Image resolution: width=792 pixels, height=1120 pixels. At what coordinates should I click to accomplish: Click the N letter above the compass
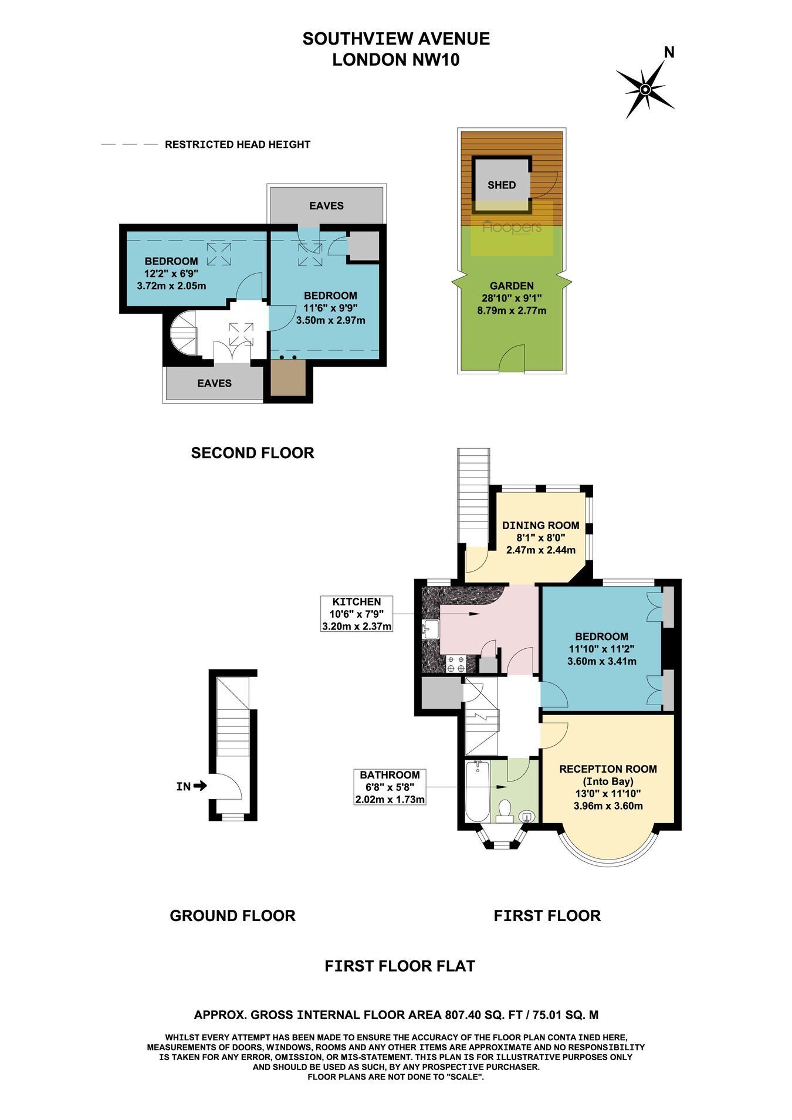coord(669,53)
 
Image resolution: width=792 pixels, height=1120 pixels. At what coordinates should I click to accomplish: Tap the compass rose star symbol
coord(645,90)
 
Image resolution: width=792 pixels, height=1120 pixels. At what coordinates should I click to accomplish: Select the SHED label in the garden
coord(502,185)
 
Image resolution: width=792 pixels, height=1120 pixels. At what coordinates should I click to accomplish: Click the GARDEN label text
coord(512,286)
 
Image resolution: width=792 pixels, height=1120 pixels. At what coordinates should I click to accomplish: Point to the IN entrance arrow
coord(199,786)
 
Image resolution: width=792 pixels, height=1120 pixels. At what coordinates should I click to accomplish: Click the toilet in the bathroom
coord(504,810)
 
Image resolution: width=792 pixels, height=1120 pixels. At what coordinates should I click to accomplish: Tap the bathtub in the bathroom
coord(477,791)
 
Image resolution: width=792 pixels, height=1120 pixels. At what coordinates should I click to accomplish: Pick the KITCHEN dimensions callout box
coord(357,614)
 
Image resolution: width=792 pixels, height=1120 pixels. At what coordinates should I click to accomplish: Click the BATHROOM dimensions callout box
coord(390,787)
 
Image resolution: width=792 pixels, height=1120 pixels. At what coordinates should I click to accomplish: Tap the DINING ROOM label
coord(541,526)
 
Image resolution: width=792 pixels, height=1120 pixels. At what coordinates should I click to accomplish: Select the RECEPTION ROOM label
coord(608,769)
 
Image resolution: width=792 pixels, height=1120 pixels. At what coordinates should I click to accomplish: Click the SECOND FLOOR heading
coord(253,453)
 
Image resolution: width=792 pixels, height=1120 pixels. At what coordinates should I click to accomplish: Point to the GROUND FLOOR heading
coord(232,916)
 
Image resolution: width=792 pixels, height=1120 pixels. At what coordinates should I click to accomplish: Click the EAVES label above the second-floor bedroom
coord(327,206)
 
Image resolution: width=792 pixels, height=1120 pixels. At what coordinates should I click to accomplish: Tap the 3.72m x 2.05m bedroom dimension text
coord(171,286)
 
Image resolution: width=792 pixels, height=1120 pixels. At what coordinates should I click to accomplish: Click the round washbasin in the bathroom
coord(527,816)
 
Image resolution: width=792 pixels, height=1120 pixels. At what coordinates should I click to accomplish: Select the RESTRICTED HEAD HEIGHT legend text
coord(238,144)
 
